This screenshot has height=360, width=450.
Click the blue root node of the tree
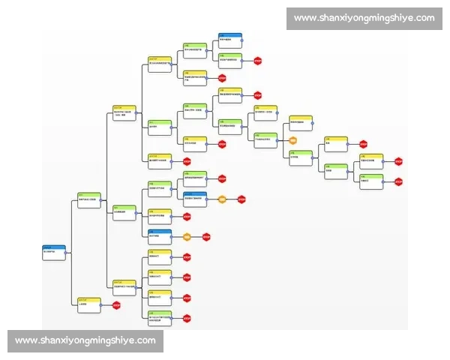click(x=54, y=251)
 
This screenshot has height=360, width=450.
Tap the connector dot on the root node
click(x=67, y=253)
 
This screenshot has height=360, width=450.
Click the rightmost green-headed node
click(x=372, y=180)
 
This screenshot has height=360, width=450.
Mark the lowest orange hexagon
click(x=187, y=237)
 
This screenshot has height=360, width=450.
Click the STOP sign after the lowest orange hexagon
click(x=206, y=237)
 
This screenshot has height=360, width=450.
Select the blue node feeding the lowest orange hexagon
click(x=159, y=235)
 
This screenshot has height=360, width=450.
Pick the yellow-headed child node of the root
click(x=89, y=304)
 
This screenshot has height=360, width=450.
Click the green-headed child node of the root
click(x=89, y=200)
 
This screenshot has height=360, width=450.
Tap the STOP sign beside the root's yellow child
click(x=116, y=304)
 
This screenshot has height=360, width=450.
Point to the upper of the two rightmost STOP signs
click(x=398, y=160)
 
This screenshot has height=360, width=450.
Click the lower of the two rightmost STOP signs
click(x=398, y=181)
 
